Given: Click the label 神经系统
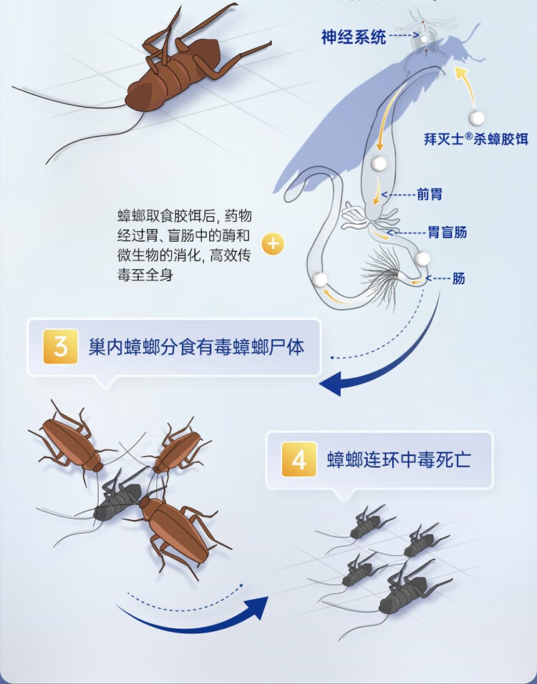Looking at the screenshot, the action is tap(354, 36).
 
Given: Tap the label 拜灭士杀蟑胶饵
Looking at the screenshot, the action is tap(476, 139).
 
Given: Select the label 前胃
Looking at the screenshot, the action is tap(430, 194).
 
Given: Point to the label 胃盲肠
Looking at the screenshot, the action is tap(447, 232).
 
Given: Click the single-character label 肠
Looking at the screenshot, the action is tap(458, 278).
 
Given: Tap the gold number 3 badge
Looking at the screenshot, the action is tap(61, 347).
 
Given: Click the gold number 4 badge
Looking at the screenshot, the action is tap(299, 459).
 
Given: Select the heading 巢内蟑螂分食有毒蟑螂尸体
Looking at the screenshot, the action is tap(196, 347).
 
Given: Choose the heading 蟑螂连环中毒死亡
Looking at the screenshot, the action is tap(399, 460).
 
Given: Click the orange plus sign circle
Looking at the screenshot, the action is tap(273, 243).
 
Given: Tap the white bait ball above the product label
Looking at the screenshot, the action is tap(476, 117).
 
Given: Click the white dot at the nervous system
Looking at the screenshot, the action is tap(423, 39).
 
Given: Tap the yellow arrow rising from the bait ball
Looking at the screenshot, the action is tap(466, 86).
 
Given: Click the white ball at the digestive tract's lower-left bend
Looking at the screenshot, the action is tap(321, 280).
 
